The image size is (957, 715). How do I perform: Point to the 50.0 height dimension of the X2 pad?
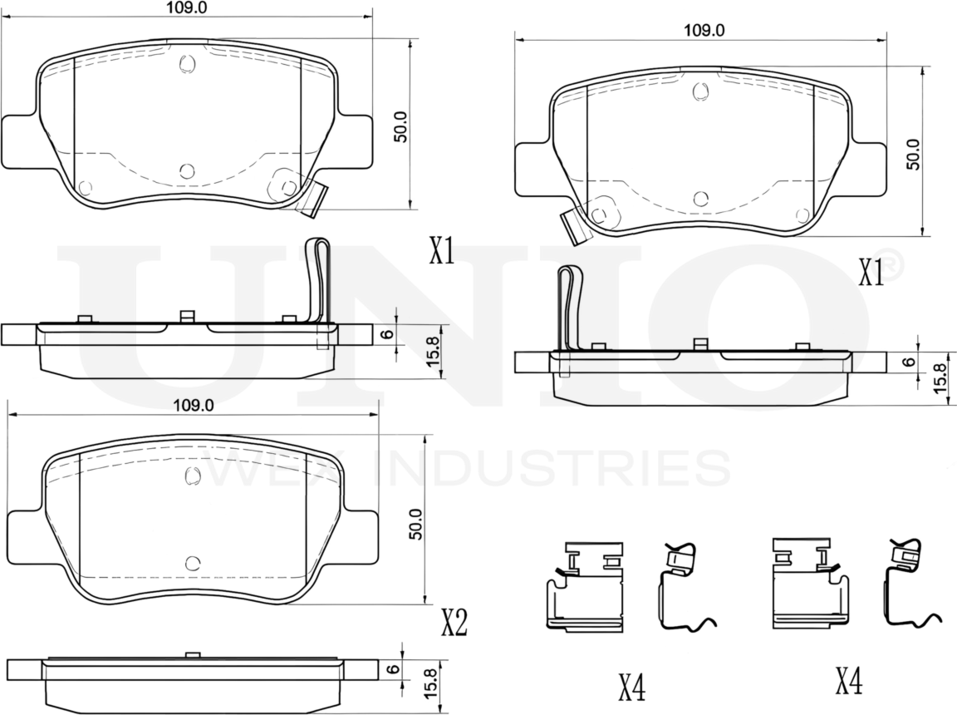point(415,524)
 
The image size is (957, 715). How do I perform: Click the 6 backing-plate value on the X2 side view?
point(394,668)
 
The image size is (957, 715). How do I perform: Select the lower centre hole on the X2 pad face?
point(193,564)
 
